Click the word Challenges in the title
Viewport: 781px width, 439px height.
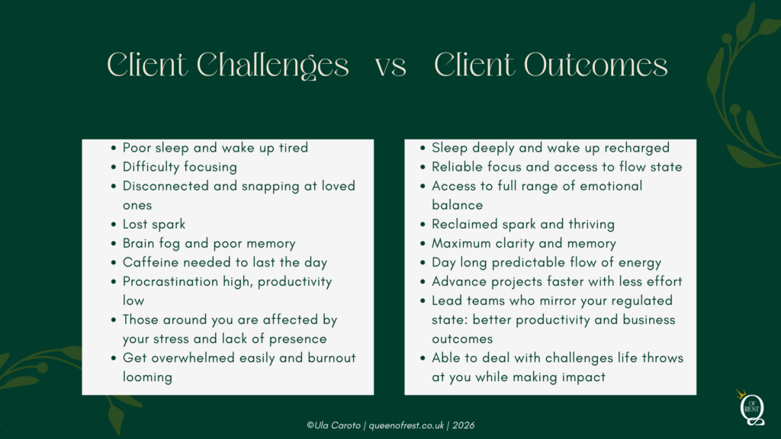(272, 66)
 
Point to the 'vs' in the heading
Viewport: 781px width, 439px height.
(391, 67)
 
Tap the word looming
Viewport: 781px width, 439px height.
(147, 377)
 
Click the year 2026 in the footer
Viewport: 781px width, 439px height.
(463, 425)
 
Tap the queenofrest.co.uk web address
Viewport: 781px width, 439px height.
(407, 425)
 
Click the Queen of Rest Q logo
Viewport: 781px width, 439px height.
(751, 409)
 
